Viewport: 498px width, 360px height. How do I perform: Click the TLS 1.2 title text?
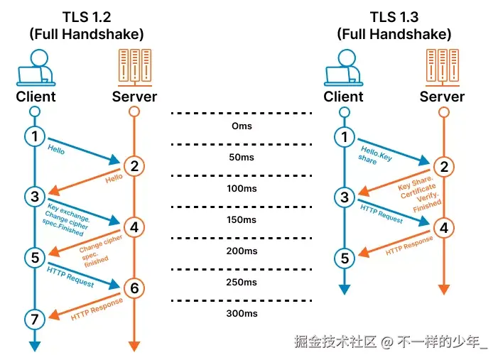point(85,16)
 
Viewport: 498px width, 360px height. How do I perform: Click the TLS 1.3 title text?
point(394,16)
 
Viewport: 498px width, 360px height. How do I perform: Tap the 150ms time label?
point(242,219)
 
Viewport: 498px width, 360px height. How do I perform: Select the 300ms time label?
point(242,313)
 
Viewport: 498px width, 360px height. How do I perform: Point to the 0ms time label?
point(242,126)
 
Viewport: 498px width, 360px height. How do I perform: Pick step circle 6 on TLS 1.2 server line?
point(134,288)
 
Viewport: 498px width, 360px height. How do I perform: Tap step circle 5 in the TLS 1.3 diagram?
point(345,258)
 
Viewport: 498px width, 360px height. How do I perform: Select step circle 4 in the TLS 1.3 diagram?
point(443,228)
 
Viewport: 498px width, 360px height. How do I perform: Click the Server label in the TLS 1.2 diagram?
point(134,97)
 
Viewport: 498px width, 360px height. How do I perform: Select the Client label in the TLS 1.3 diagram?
point(344,97)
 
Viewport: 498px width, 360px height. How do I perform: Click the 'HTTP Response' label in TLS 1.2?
point(97,310)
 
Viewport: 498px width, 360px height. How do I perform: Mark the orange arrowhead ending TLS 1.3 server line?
point(443,289)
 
